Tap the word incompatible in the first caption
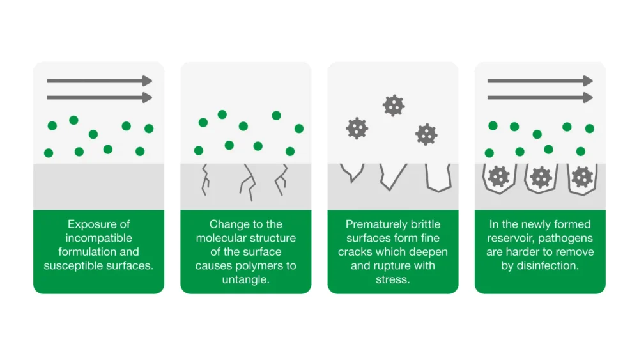[98, 238]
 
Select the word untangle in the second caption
[245, 279]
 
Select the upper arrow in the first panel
[99, 81]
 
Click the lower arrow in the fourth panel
[540, 98]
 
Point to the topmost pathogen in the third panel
[394, 105]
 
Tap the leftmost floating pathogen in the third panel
[357, 128]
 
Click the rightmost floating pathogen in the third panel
[426, 134]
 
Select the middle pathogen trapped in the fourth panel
[541, 176]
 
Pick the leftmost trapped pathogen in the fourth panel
[498, 176]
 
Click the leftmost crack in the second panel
[206, 178]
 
